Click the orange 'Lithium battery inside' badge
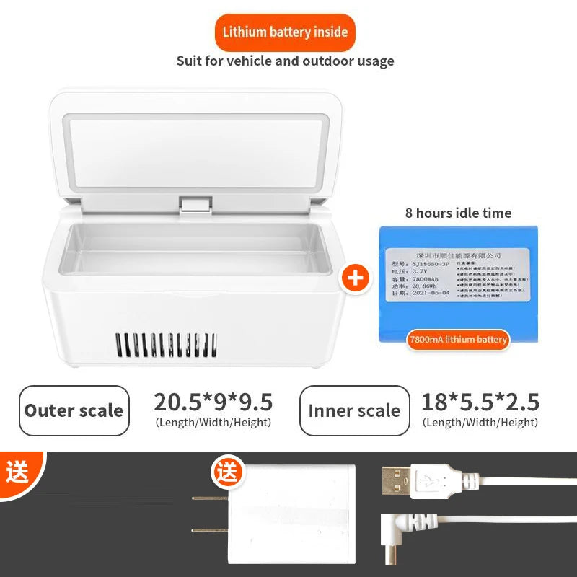285,32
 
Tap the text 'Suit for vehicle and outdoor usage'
285,61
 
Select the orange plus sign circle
355,278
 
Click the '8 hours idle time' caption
458,213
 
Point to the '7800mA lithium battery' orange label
458,339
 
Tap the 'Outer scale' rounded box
74,410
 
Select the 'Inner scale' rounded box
354,410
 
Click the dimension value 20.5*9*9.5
213,402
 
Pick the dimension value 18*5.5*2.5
480,402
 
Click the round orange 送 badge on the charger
226,473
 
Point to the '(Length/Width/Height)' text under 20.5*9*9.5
213,423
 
